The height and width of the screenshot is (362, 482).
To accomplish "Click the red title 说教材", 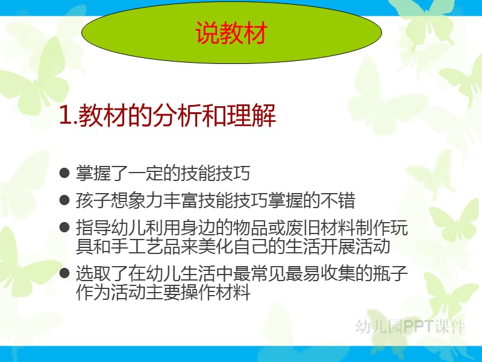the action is click(231, 33).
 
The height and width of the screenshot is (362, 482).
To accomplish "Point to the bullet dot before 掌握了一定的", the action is click(64, 173).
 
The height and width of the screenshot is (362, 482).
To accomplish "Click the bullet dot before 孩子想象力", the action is click(64, 200).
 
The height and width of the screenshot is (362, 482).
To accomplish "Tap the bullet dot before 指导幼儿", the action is click(64, 228).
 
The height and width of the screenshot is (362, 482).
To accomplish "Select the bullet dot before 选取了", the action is click(64, 273).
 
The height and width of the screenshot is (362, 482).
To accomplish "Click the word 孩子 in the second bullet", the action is click(93, 200).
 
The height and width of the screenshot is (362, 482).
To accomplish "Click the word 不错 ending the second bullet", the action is click(338, 200).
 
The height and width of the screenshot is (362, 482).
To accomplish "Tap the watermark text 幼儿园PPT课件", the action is click(410, 326).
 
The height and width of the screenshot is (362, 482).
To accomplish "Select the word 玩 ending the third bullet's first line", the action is click(399, 228).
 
